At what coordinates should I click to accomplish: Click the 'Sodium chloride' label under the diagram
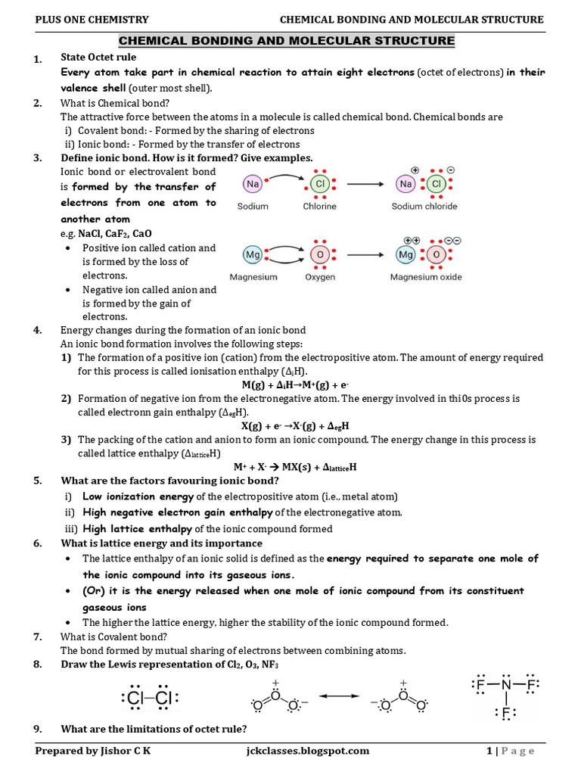pos(424,206)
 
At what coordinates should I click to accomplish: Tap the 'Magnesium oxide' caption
pos(426,277)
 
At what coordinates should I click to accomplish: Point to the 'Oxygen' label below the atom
pos(320,277)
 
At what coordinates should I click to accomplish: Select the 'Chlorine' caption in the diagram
pos(320,206)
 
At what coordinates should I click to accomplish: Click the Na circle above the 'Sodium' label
pos(253,184)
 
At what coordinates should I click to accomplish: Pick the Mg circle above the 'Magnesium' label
pos(253,255)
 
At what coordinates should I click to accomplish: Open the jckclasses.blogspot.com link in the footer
pos(303,751)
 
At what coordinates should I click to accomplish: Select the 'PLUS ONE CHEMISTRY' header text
pos(92,20)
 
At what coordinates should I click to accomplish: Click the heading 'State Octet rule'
pos(98,58)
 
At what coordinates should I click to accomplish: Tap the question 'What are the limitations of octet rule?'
pos(154,729)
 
